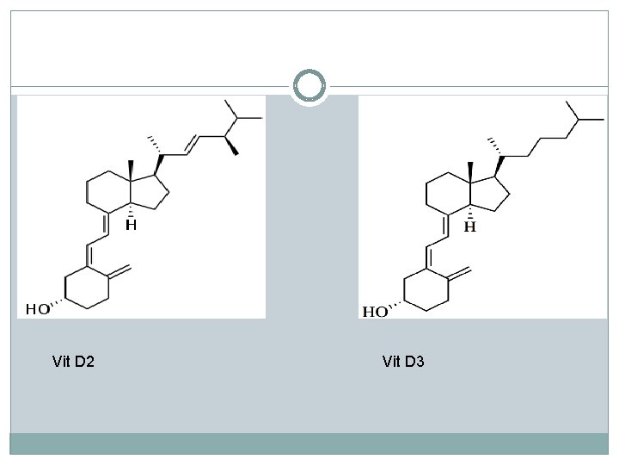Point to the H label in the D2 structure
[132, 226]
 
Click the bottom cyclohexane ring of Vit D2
[89, 285]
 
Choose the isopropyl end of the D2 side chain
[240, 114]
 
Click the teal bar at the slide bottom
[309, 443]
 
